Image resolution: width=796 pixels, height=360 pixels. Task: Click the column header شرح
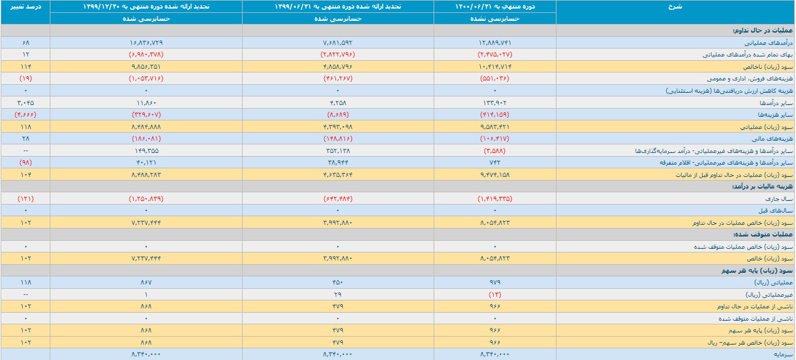point(675,6)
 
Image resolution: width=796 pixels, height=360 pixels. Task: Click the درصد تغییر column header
point(25,6)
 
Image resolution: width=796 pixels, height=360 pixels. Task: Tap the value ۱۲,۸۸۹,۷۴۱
point(494,42)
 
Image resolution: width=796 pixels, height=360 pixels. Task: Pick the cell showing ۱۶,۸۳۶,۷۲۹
point(146,42)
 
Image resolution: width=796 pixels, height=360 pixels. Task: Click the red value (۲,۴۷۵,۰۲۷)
point(494,55)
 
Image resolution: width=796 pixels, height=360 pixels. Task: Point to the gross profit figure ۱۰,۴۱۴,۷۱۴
point(494,66)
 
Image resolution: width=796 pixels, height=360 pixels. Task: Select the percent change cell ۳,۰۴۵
point(26,103)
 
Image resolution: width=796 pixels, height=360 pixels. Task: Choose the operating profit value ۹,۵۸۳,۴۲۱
point(494,127)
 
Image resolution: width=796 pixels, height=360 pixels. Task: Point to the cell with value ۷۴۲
point(494,162)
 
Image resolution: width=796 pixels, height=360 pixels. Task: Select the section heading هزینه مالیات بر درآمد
point(763,187)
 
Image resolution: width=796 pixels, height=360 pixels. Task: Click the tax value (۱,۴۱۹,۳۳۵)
point(494,198)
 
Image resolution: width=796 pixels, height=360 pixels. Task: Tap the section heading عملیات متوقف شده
point(763,235)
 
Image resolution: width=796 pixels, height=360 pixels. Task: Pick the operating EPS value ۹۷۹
point(494,282)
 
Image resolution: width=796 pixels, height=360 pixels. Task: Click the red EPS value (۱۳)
point(494,294)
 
